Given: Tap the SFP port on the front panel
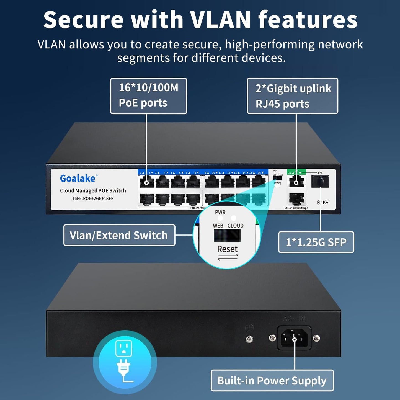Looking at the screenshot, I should [x=320, y=181].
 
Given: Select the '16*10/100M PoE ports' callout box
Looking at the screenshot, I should [x=148, y=96].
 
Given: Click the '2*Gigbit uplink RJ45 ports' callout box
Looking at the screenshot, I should [x=292, y=96].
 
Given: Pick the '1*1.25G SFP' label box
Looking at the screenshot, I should [x=316, y=242].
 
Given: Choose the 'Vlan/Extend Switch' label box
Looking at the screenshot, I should [x=119, y=235].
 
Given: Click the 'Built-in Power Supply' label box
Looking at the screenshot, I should [x=272, y=381].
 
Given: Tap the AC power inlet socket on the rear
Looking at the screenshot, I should [x=295, y=338].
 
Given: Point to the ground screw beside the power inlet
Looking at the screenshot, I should [x=249, y=339].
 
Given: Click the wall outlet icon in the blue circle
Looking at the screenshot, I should [x=124, y=348].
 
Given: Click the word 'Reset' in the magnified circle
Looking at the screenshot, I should [x=227, y=249].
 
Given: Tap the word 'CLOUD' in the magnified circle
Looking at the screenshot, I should [x=235, y=226].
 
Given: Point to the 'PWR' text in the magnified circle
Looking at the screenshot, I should [x=220, y=212].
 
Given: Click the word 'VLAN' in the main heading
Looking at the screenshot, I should [x=221, y=20].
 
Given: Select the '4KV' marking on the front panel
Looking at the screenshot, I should [x=323, y=202].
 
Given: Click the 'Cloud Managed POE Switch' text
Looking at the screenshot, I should [x=93, y=191].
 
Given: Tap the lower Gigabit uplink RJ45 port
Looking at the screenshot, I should [x=296, y=198].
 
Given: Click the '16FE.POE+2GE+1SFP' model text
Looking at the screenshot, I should [x=93, y=198].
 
